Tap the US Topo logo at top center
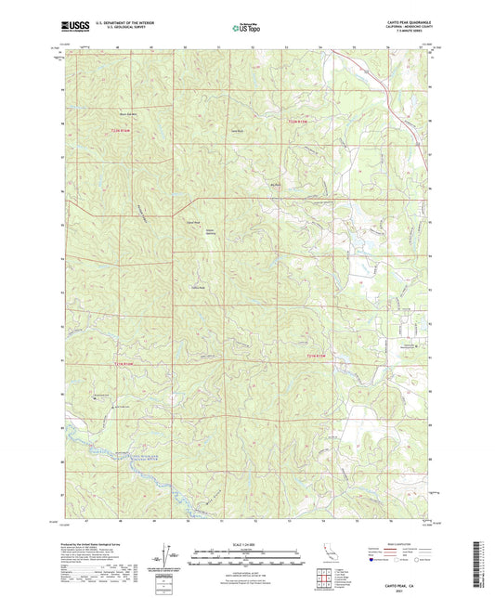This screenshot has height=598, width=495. click(247, 29)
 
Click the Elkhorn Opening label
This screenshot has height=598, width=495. click(210, 232)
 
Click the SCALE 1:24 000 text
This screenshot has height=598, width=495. click(247, 543)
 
